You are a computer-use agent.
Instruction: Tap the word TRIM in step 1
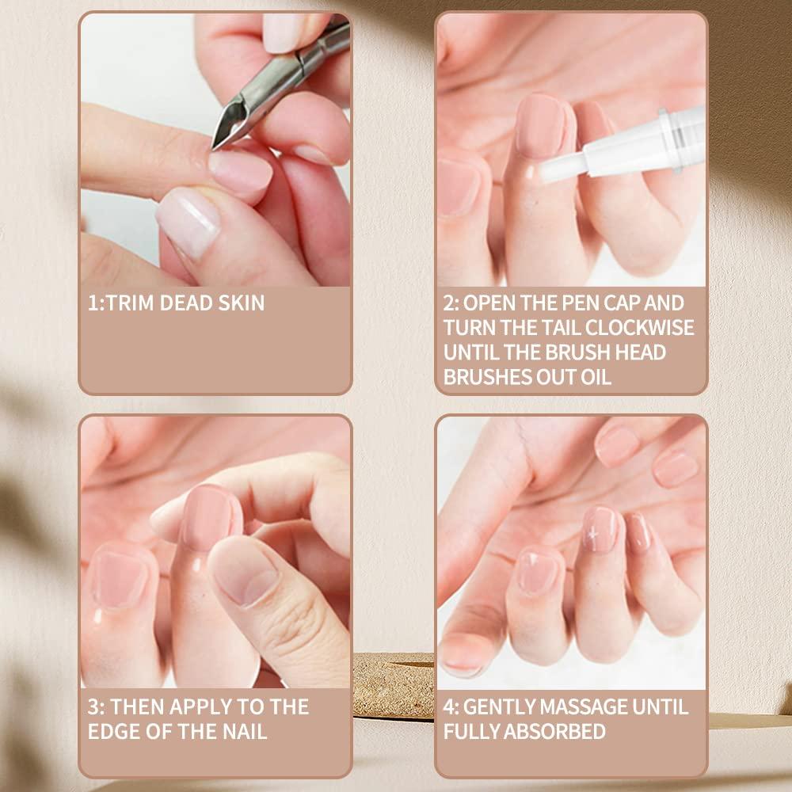(131, 303)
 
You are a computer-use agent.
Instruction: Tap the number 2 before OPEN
(448, 303)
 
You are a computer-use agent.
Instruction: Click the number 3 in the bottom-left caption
(93, 706)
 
